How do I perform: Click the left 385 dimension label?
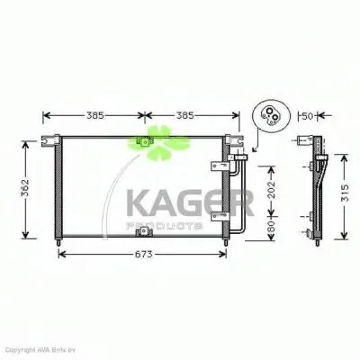93,116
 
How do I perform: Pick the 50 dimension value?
307,116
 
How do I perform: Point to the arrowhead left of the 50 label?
298,116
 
